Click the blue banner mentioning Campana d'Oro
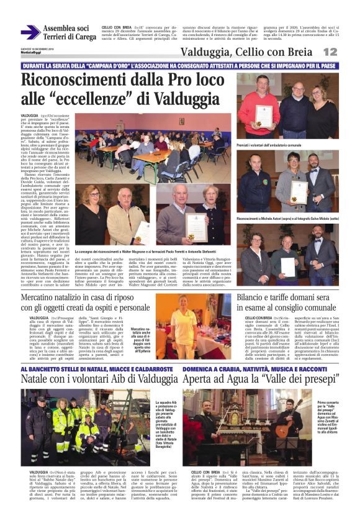tap(180, 65)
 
